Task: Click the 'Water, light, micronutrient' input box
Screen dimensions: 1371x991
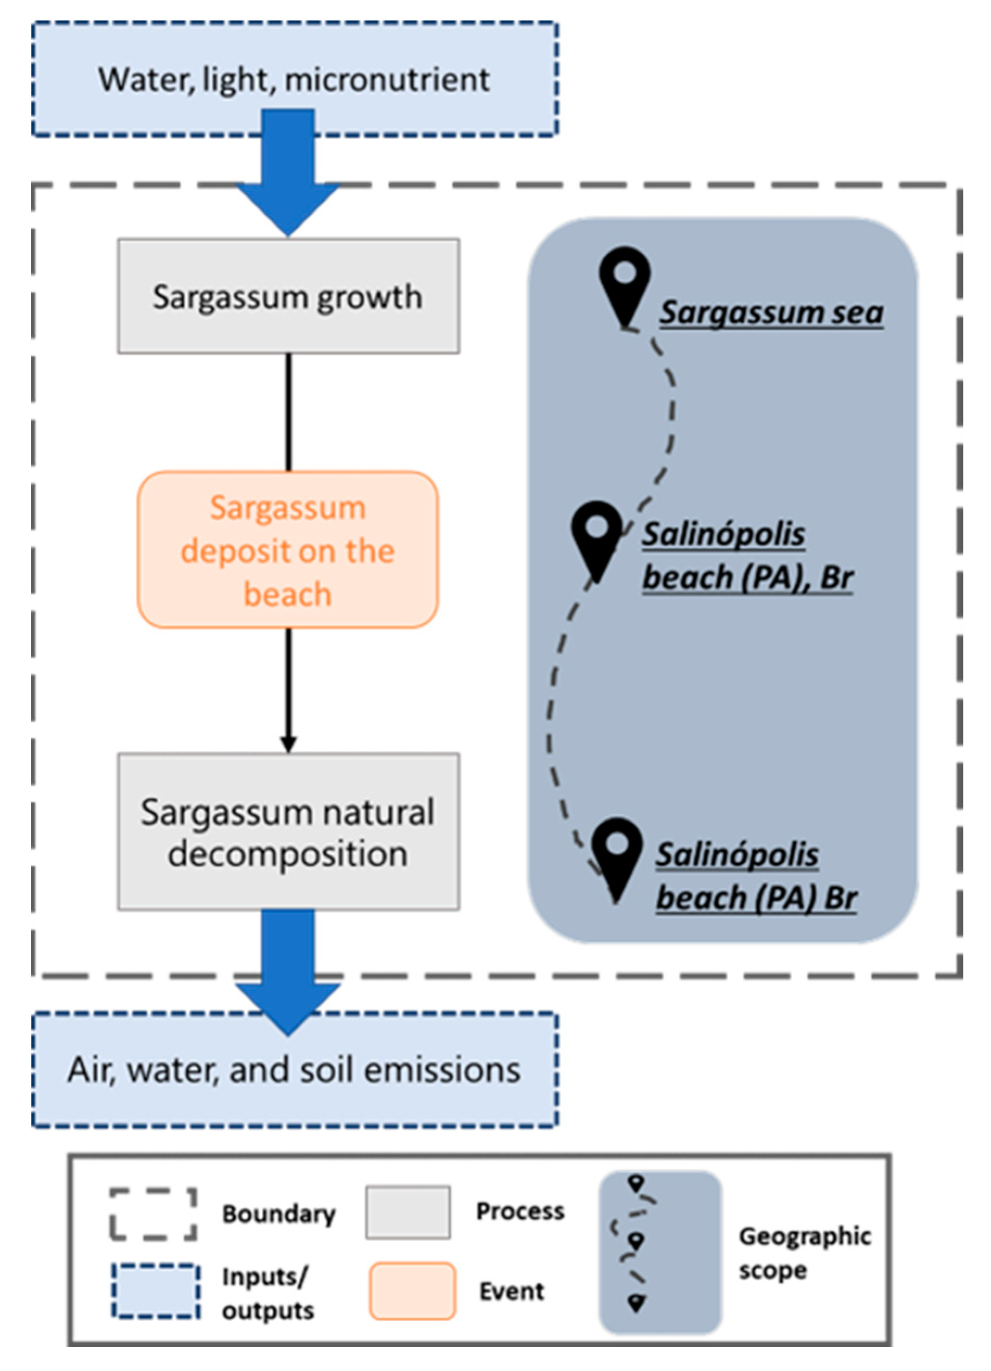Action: (295, 79)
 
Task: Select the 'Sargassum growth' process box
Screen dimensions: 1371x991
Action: (289, 296)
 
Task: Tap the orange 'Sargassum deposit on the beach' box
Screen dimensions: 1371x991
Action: (288, 549)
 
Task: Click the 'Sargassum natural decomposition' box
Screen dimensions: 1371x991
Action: (289, 832)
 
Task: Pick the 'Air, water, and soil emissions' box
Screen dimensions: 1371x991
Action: (295, 1069)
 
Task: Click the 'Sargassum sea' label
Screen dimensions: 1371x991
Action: (771, 312)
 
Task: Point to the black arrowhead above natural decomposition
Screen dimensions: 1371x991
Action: (289, 744)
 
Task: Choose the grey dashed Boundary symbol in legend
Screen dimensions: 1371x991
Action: (154, 1214)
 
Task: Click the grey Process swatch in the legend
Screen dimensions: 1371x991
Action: (408, 1213)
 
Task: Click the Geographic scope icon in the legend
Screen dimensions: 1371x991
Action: (660, 1251)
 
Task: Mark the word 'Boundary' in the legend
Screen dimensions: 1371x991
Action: (279, 1214)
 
